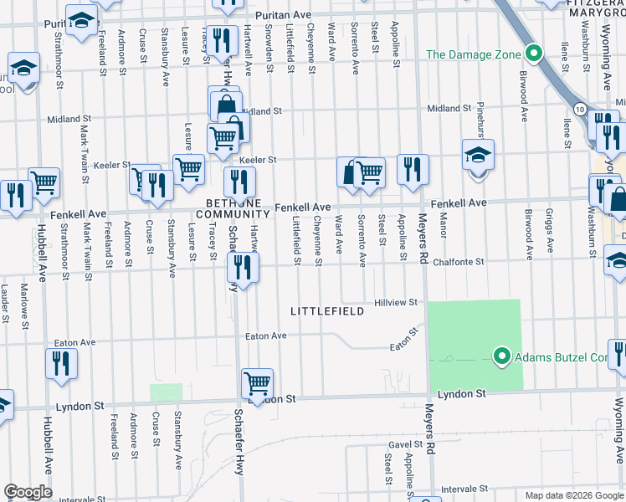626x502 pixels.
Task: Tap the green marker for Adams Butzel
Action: (x=502, y=357)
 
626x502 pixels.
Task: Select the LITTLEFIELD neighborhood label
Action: (x=327, y=311)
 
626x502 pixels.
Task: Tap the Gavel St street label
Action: (x=405, y=445)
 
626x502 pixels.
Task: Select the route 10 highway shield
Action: (x=579, y=108)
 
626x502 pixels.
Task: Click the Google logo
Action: (x=28, y=492)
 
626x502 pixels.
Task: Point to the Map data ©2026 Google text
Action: (x=572, y=495)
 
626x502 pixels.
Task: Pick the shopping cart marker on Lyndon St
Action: (x=258, y=383)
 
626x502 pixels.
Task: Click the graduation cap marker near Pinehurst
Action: (x=478, y=156)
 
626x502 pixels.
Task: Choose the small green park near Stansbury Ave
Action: (x=166, y=392)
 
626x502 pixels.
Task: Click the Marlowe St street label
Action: (x=25, y=305)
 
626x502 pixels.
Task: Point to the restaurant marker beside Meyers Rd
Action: (x=413, y=170)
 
